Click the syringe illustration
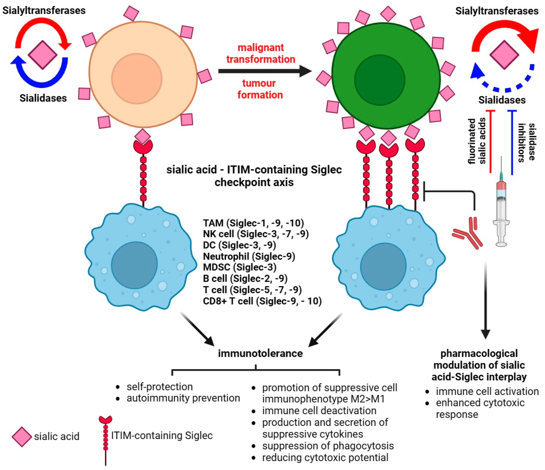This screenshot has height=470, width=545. pyautogui.click(x=501, y=208)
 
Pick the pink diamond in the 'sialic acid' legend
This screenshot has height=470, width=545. pyautogui.click(x=22, y=437)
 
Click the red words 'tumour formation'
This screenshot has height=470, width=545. pyautogui.click(x=260, y=89)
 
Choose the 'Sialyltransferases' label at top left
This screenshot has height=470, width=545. pyautogui.click(x=44, y=10)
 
